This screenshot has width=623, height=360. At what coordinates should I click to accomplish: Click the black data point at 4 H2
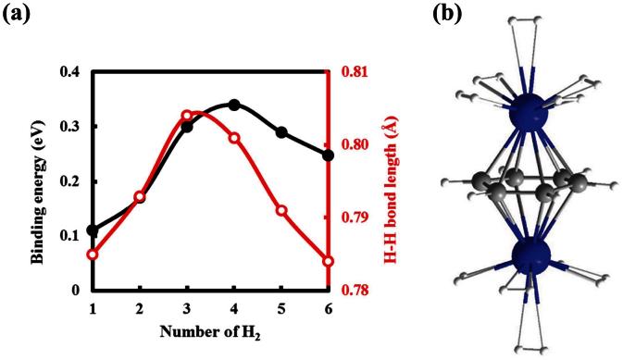click(x=234, y=105)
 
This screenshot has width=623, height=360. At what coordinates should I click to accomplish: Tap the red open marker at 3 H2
click(x=187, y=116)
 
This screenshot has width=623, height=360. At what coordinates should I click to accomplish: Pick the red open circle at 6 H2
click(x=328, y=261)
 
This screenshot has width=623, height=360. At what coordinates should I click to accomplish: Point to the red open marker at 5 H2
click(x=281, y=211)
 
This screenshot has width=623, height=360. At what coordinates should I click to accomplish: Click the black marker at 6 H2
click(x=328, y=155)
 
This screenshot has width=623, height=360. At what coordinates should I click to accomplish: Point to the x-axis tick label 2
click(x=140, y=307)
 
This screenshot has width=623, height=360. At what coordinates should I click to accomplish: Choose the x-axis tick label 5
click(x=281, y=307)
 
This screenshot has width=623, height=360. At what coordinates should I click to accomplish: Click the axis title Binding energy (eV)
click(x=39, y=180)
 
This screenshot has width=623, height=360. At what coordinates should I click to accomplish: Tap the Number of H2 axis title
click(x=209, y=331)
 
